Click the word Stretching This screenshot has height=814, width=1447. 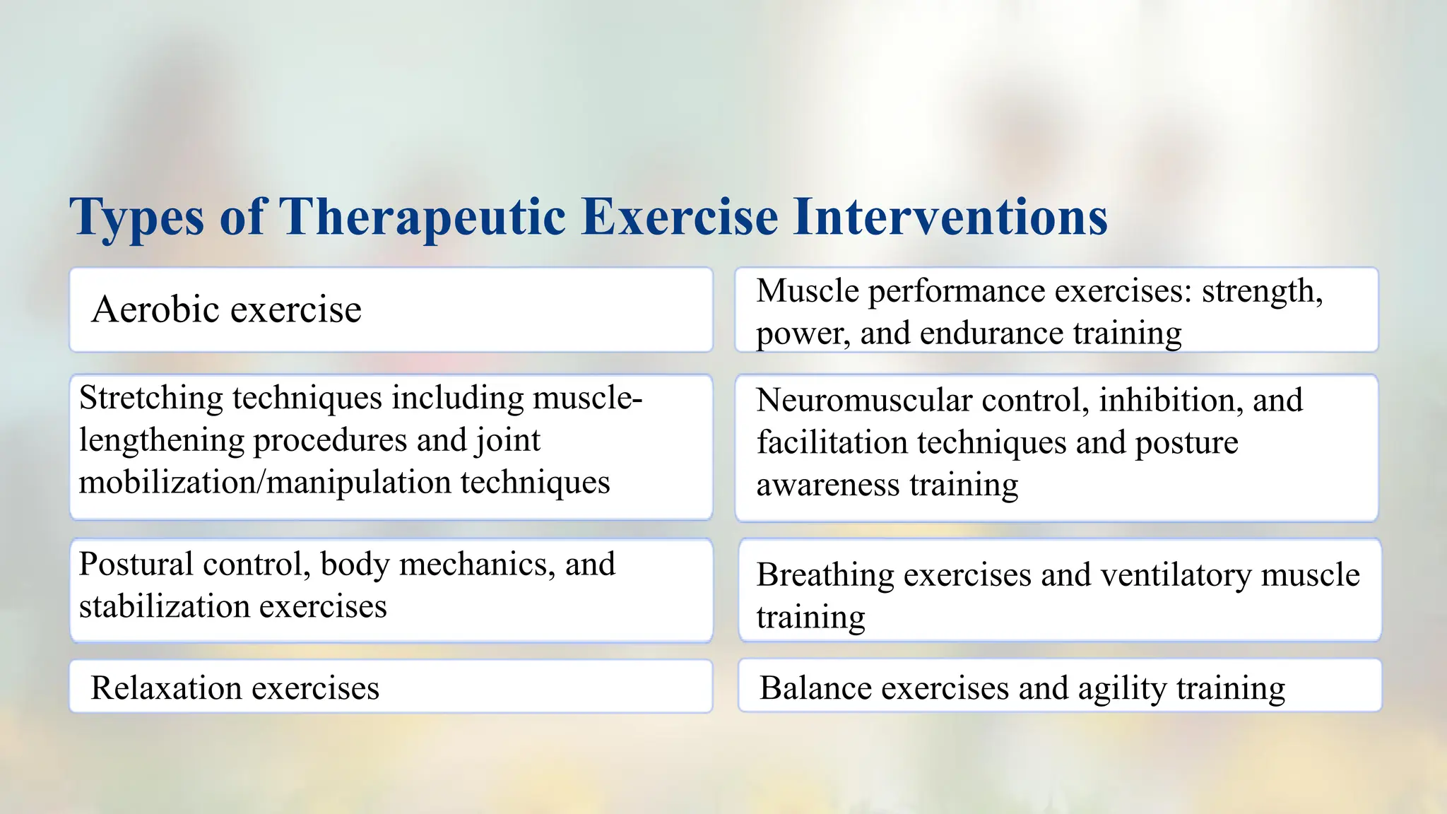coord(151,399)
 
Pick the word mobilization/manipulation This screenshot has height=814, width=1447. coord(264,483)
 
